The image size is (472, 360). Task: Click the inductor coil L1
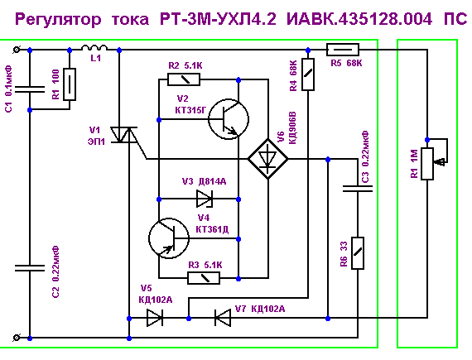click(x=94, y=47)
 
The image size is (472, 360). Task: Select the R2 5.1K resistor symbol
click(x=184, y=79)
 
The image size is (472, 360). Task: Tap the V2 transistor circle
click(x=229, y=119)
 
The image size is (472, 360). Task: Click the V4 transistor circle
click(x=169, y=238)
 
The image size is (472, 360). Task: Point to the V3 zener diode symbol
click(x=205, y=199)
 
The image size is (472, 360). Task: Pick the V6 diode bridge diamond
click(x=267, y=159)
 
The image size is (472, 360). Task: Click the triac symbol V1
click(x=123, y=135)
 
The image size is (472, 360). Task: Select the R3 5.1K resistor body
click(x=204, y=278)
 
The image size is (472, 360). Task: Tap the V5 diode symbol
click(x=155, y=318)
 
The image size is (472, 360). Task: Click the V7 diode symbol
click(x=223, y=318)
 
